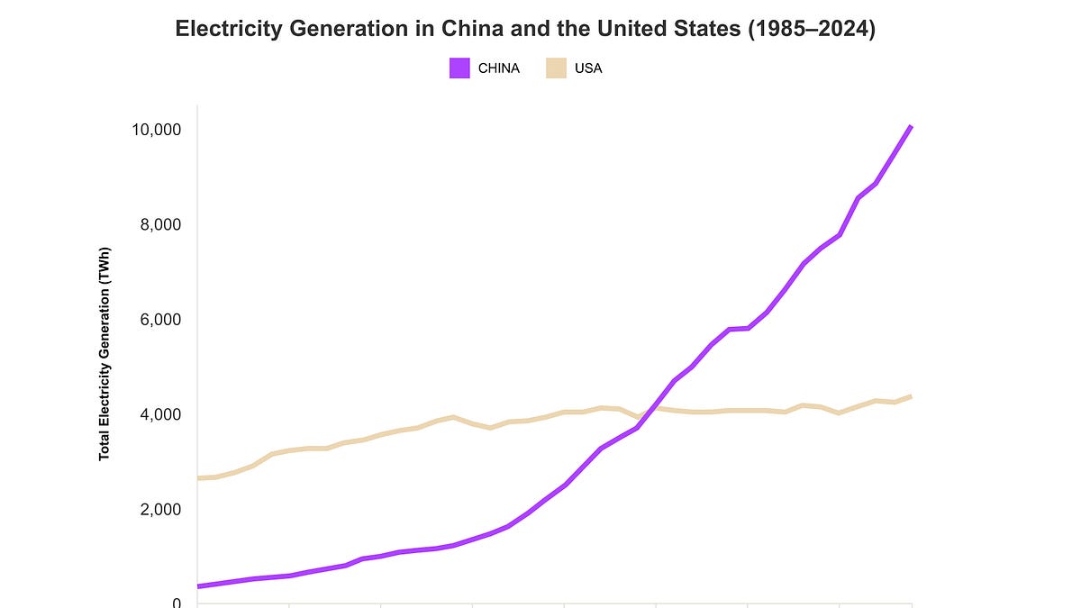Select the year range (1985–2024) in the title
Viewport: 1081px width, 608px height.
pos(812,29)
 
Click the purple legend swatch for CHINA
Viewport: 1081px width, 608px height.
pos(459,68)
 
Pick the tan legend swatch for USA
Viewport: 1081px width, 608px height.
pos(556,68)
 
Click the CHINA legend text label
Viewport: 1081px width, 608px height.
pos(499,68)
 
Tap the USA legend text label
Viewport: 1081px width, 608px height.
pos(588,68)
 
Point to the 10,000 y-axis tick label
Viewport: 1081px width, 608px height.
pos(157,130)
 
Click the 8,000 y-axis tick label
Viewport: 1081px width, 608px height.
pos(160,224)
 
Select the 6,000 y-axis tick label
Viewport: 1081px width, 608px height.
pos(160,320)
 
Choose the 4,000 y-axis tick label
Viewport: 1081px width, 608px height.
pos(160,414)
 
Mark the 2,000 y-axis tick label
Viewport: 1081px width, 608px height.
pos(160,510)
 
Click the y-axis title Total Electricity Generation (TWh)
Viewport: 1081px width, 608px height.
pos(104,354)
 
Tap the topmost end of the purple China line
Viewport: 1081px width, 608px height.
pos(911,126)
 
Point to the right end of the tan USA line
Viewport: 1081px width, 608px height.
pos(911,396)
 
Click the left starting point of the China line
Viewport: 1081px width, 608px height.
pos(198,586)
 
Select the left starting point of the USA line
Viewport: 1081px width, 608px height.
pos(198,478)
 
